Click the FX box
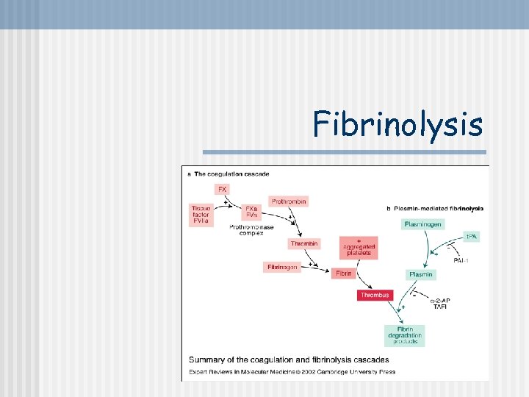222,189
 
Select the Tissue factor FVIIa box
202,214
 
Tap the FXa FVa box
251,212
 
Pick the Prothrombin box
289,201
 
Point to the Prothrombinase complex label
251,231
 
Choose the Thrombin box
304,243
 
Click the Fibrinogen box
283,267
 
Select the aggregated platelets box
359,248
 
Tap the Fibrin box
344,273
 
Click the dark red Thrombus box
375,295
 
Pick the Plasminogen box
422,223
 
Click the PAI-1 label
461,260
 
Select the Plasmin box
421,274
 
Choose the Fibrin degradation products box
404,335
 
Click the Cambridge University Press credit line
292,372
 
